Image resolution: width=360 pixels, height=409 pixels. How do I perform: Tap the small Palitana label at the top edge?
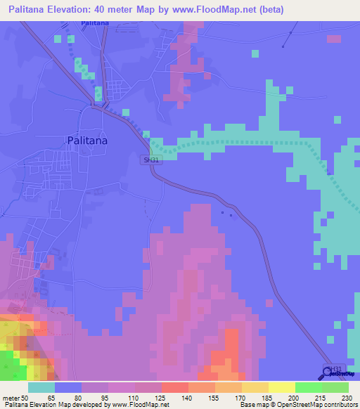coord(94,23)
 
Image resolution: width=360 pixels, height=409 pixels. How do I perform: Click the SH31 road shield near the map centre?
coord(150,160)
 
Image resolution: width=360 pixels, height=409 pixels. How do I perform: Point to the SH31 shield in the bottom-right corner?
coord(337,368)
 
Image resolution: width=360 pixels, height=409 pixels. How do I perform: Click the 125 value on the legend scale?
coord(162,397)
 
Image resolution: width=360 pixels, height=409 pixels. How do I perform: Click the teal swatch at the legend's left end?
coord(41,387)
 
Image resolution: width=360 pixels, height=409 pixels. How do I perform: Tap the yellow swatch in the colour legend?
coord(282,387)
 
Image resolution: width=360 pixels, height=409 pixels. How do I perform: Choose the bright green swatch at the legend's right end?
coord(335,387)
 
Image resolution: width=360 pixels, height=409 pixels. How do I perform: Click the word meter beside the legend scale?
coord(11,397)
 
